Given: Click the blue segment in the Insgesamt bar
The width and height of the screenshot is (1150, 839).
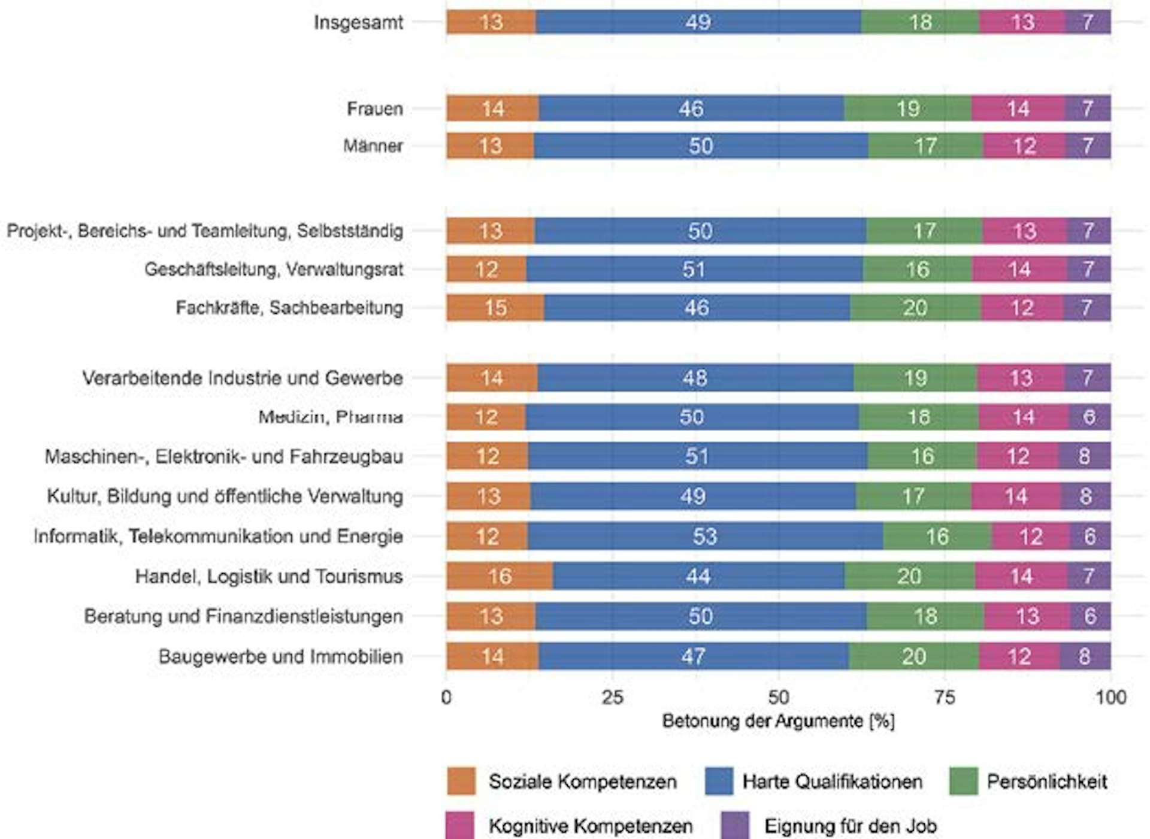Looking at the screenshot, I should pos(698,22).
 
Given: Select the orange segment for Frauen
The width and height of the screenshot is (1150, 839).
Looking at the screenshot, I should pos(492,108).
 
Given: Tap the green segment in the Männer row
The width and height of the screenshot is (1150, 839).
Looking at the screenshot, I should pos(925,146).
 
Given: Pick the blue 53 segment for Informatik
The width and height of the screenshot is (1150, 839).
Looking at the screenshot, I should pos(705,536).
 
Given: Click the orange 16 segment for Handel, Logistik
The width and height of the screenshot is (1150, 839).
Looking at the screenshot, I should pos(500,576).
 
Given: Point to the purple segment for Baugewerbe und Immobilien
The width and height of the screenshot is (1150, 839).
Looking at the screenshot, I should pos(1085,656).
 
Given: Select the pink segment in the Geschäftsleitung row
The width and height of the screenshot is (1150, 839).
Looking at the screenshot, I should pos(1019,269).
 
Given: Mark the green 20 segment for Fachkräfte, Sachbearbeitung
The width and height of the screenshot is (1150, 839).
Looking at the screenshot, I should pos(915,308).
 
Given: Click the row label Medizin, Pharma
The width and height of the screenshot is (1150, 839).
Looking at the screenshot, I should pos(330,417).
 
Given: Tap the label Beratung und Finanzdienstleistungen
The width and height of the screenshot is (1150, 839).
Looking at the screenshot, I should pos(243,616).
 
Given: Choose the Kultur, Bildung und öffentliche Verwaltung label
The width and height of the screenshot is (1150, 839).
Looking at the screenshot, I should pos(225,496).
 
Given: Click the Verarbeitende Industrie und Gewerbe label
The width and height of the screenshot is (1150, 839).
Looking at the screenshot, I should pos(242,378).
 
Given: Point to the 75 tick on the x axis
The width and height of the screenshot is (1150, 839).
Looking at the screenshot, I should pos(945,697).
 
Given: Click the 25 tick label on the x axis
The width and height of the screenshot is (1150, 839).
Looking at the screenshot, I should pos(612,697).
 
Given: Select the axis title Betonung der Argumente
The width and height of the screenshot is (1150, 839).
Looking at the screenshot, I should pos(778,721).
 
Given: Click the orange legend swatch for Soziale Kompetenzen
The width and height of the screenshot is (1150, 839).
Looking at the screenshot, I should pos(461,781).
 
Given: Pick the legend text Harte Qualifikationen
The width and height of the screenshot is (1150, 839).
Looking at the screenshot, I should pos(832,782).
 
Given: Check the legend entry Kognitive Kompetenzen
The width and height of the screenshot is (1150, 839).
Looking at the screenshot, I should pos(591,826).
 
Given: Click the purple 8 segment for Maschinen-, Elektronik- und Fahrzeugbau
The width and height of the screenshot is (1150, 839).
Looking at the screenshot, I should pos(1084,456).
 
